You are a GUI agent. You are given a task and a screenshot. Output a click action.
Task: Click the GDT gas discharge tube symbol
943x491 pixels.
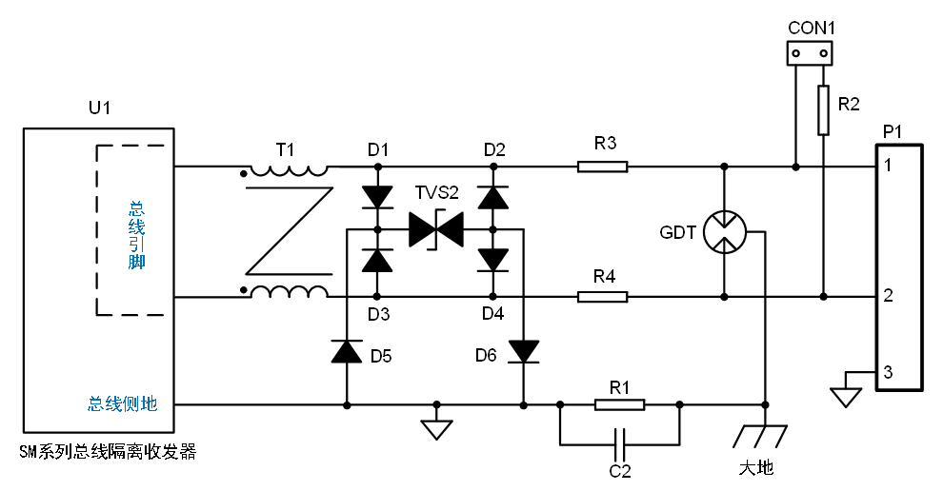click(725, 232)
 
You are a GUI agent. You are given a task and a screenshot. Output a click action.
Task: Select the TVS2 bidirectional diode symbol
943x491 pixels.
click(436, 229)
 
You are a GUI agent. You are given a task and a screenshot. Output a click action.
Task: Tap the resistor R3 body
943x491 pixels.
click(603, 167)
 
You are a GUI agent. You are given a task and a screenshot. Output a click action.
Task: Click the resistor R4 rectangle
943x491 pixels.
click(603, 297)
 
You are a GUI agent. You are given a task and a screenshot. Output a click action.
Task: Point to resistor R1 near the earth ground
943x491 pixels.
click(619, 405)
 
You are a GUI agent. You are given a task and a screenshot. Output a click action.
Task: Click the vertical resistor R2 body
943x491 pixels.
click(823, 110)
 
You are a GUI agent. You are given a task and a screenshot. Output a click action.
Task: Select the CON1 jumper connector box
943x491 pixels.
click(810, 53)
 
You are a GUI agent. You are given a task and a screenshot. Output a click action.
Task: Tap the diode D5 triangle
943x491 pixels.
click(347, 351)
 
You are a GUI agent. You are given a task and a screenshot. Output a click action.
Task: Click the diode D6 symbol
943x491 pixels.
click(524, 351)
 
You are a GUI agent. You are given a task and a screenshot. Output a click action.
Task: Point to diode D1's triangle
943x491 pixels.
click(378, 197)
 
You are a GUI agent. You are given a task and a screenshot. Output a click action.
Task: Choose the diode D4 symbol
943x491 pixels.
click(493, 260)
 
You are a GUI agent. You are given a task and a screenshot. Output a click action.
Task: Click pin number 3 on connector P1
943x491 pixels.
click(889, 372)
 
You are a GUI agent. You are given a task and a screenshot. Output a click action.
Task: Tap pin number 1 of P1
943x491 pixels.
click(889, 165)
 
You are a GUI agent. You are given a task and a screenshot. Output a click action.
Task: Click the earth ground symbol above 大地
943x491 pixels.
click(759, 437)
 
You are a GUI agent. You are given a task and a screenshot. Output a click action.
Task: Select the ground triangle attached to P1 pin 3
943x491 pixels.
click(846, 398)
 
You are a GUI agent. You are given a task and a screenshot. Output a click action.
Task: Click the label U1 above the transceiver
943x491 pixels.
click(99, 108)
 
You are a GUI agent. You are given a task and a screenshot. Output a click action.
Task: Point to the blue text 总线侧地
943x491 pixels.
click(123, 403)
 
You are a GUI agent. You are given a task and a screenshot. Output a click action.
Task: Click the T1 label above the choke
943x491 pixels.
click(285, 149)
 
